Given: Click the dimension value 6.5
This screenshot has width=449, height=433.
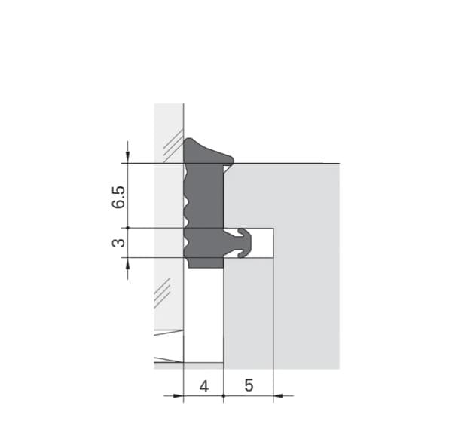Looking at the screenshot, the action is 118,197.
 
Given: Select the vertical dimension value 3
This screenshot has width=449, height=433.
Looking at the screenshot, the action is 118,243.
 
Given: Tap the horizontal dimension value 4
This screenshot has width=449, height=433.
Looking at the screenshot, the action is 204,386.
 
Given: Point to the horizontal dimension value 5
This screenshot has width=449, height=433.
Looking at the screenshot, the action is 249,385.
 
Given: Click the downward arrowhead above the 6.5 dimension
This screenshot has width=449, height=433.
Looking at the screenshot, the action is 128,157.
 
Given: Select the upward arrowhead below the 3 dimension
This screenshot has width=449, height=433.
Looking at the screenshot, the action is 128,264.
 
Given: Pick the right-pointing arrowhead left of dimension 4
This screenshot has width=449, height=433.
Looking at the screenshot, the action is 178,396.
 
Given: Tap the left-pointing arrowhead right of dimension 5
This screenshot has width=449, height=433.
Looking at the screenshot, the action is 278,396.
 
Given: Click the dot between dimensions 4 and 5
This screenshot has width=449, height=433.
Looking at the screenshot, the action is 224,396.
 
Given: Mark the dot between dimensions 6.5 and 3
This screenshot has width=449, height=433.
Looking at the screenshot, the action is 128,228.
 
